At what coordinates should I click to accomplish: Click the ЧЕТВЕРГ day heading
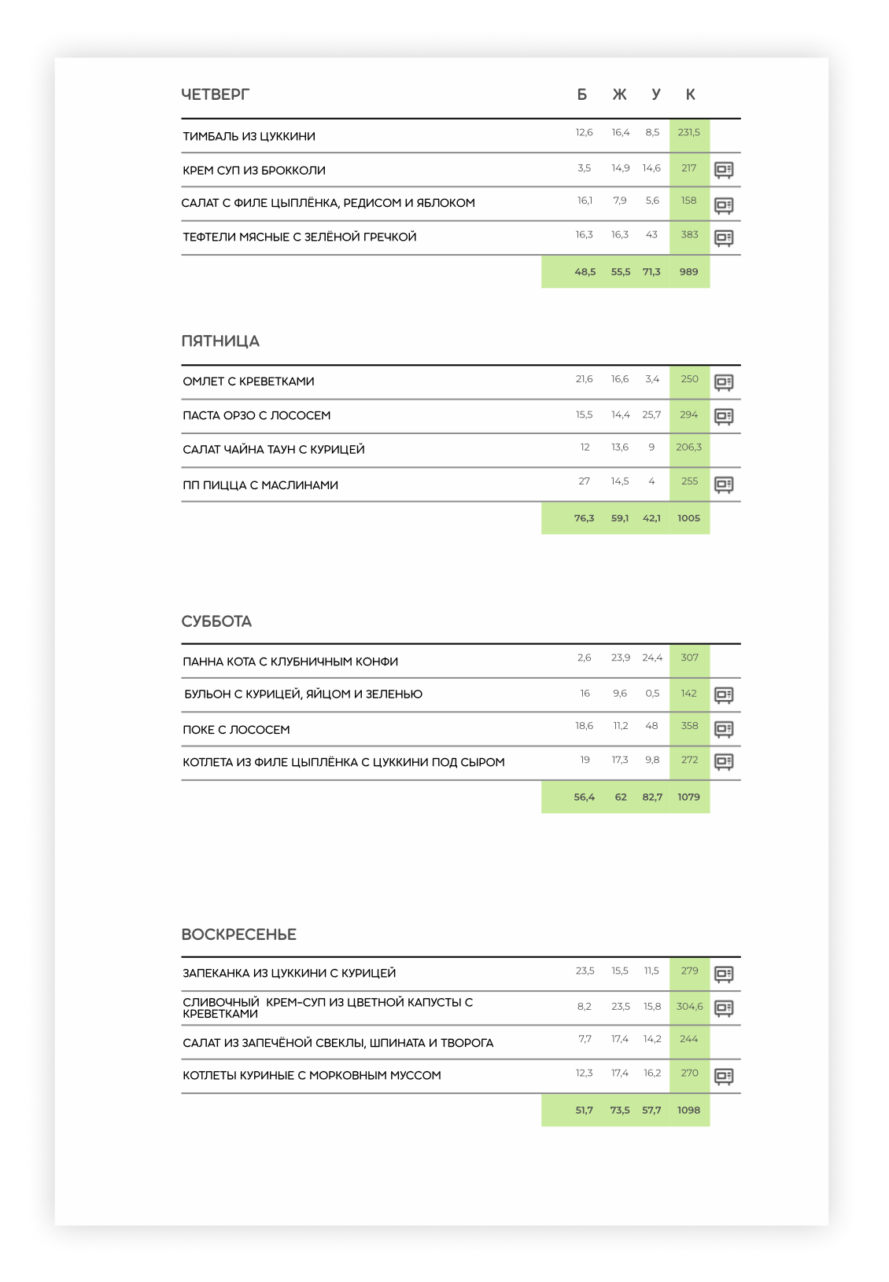(x=215, y=94)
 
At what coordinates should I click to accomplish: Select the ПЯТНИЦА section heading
(x=220, y=341)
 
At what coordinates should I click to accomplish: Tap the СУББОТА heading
(x=216, y=621)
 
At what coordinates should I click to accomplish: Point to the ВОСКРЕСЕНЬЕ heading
(x=238, y=934)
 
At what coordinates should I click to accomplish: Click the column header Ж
(x=620, y=94)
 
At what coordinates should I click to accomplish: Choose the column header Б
(x=582, y=94)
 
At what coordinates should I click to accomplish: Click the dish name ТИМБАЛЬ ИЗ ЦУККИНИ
(x=249, y=136)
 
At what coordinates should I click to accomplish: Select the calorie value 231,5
(x=689, y=133)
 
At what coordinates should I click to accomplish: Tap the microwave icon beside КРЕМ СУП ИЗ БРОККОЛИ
(x=724, y=170)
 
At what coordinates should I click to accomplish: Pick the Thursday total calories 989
(x=688, y=272)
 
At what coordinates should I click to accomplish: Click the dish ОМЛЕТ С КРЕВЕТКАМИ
(x=249, y=381)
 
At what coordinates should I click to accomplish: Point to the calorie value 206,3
(x=689, y=448)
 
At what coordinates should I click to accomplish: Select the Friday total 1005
(x=688, y=518)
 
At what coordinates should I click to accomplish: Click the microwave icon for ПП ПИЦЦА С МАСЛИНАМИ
(x=724, y=484)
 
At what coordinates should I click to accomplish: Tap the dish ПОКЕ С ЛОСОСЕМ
(x=236, y=730)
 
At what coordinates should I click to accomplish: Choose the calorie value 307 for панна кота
(x=689, y=658)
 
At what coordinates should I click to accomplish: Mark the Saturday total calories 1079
(x=688, y=798)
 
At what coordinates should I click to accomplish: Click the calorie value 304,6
(x=689, y=1007)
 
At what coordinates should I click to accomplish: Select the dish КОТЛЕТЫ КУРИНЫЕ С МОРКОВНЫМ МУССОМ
(x=312, y=1075)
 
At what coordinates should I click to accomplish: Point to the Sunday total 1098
(x=688, y=1111)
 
